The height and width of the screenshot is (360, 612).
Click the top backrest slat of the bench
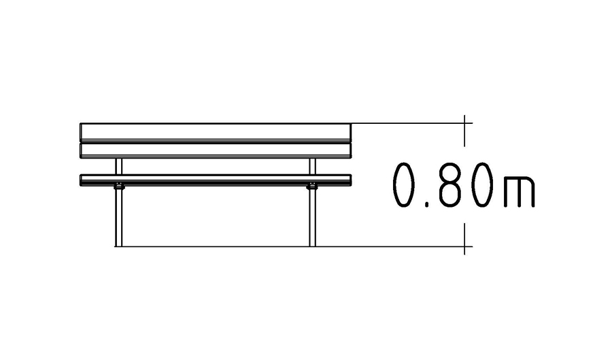[216, 133]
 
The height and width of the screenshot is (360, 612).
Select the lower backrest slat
[216, 150]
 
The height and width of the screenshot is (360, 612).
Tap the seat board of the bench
[216, 180]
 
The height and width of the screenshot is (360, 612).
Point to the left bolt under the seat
[118, 186]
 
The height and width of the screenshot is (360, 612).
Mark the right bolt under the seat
[312, 186]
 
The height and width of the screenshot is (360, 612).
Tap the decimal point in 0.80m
[428, 204]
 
